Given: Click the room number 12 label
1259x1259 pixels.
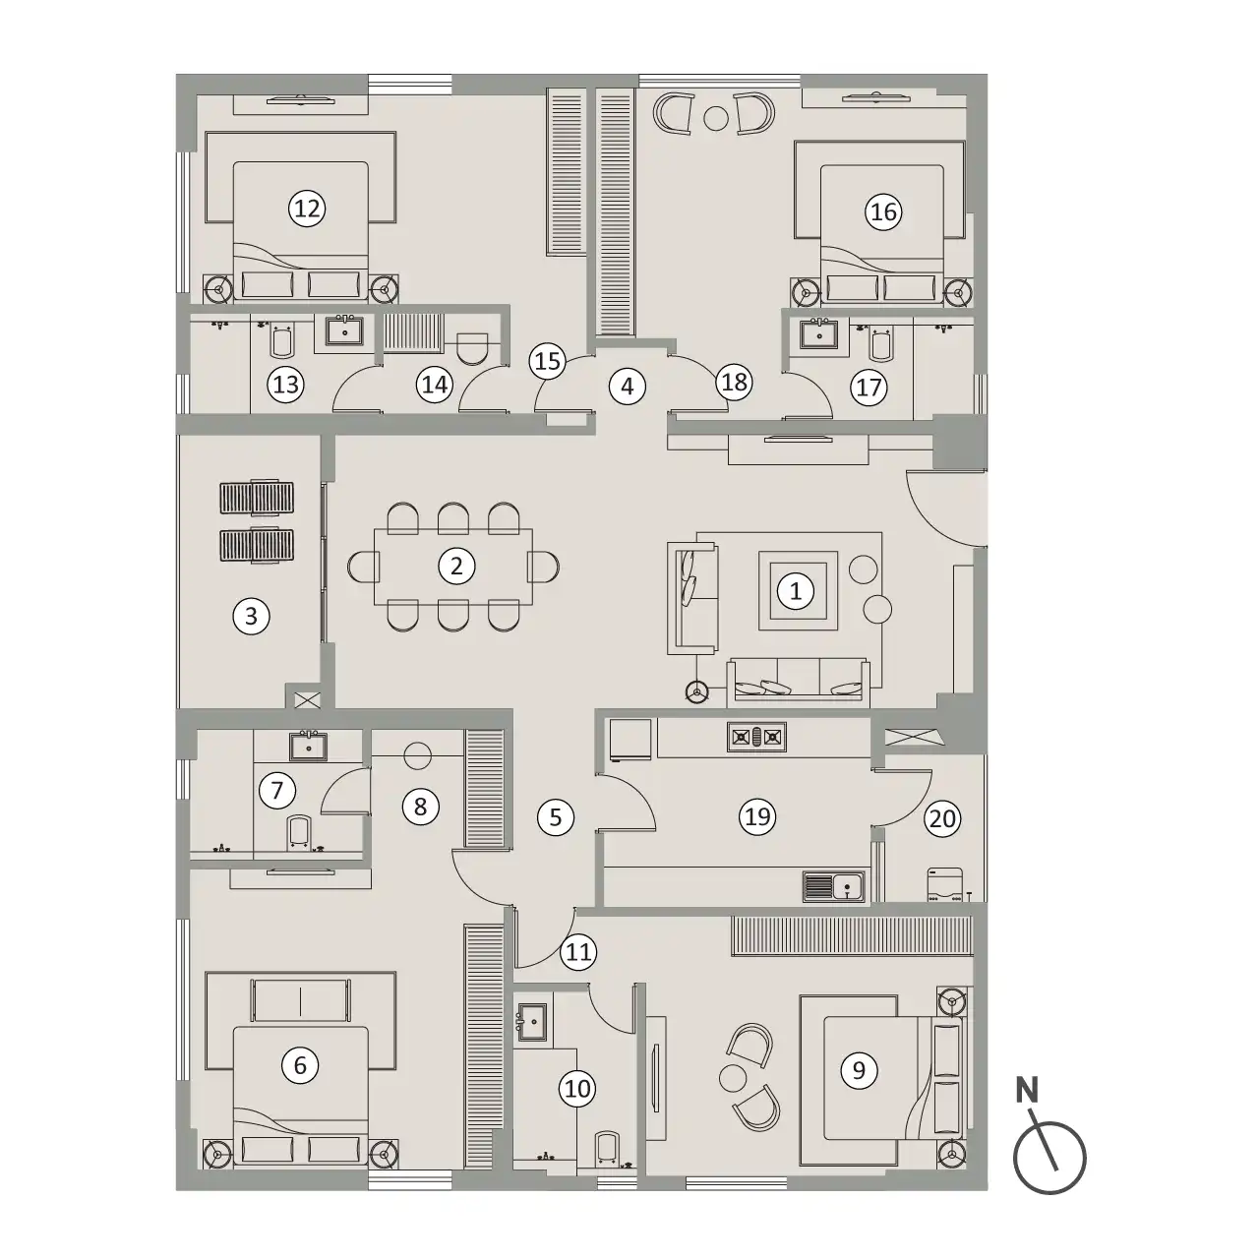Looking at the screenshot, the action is coord(307,210).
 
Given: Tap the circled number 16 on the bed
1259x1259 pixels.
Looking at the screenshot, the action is coord(883,211).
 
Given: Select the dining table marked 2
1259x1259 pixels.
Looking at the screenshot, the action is coord(453,567).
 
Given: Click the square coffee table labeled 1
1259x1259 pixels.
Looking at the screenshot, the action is coord(798,590).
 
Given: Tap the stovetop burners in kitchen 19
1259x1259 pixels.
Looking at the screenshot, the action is coord(756,737).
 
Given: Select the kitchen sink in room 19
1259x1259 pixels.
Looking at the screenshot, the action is coord(834,887).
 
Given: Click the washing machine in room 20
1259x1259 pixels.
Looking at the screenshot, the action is coord(944,884).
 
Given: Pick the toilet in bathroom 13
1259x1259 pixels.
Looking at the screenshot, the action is coord(282,341).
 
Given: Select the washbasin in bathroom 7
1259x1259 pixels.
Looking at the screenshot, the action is coord(309,746).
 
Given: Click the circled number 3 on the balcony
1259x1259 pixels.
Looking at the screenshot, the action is coord(252,616).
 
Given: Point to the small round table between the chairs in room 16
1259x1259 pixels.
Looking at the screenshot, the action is coord(716,118).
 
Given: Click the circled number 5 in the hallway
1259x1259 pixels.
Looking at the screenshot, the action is coord(556,816).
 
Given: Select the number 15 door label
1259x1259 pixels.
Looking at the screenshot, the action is coord(548,361).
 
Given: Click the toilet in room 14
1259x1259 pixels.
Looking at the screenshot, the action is coord(472,347).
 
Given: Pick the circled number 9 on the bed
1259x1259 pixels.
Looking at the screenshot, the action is coord(859,1069).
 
